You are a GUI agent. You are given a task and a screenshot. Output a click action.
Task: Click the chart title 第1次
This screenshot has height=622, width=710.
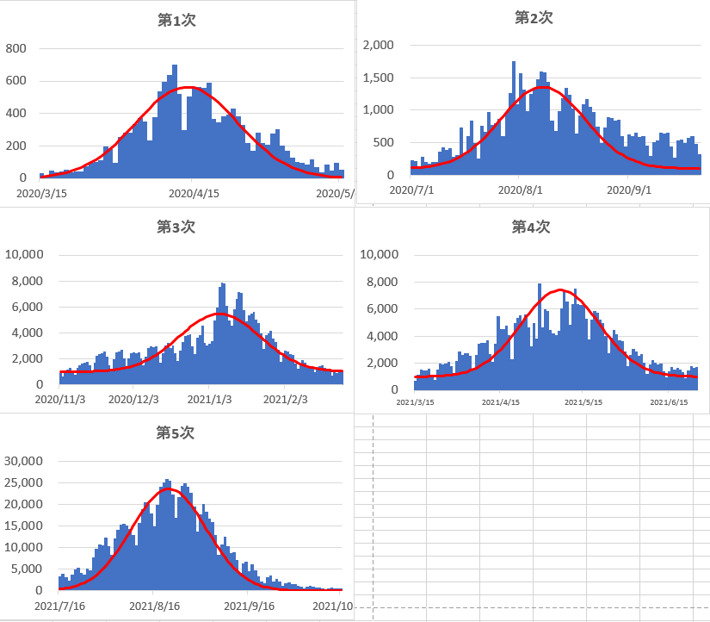(176, 20)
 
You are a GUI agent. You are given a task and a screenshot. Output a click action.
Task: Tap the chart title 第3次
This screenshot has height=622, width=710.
(176, 227)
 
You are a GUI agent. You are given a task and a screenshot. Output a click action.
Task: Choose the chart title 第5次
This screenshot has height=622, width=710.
(176, 432)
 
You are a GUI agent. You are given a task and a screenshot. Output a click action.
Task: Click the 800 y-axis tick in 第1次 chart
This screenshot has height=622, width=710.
(17, 49)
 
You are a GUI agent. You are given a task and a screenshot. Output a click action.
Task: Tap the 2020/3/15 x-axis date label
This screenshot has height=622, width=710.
(41, 194)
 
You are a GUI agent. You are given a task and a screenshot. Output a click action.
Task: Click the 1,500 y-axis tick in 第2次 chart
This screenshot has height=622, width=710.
(378, 78)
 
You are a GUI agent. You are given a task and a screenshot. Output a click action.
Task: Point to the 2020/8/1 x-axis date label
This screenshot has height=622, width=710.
(519, 190)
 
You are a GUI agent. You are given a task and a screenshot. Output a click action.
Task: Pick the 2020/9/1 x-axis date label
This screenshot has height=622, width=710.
(628, 190)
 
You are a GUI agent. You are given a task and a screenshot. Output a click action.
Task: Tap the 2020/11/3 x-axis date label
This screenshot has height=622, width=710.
(59, 399)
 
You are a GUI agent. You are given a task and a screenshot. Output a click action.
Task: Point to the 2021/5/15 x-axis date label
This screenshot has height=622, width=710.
(585, 402)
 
